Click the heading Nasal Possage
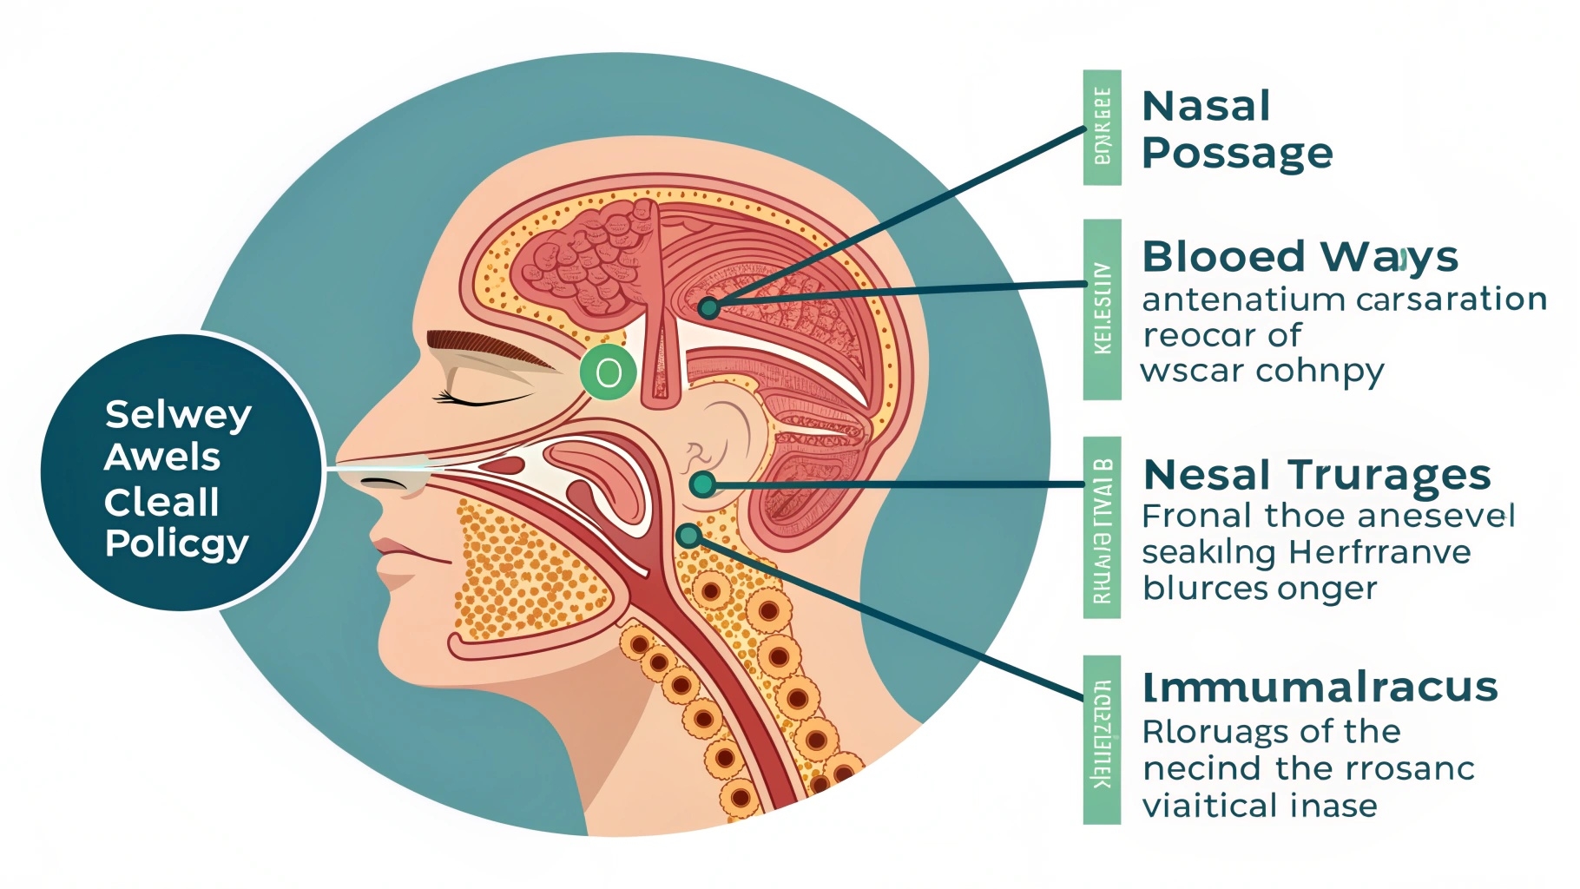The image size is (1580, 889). [1236, 130]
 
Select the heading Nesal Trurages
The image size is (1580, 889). [1316, 476]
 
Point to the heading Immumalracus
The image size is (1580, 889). [1320, 688]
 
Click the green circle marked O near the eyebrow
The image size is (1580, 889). [609, 372]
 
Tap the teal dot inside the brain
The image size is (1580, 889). [708, 307]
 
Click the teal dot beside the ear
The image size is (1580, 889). [702, 484]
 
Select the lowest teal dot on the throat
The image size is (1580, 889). [689, 536]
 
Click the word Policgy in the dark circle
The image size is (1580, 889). [177, 544]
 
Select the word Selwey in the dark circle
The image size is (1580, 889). [178, 415]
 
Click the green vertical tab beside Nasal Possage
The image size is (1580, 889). [1102, 127]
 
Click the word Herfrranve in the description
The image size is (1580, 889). [1379, 552]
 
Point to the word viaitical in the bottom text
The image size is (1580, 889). [1208, 806]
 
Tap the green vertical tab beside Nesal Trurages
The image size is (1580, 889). [1102, 528]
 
